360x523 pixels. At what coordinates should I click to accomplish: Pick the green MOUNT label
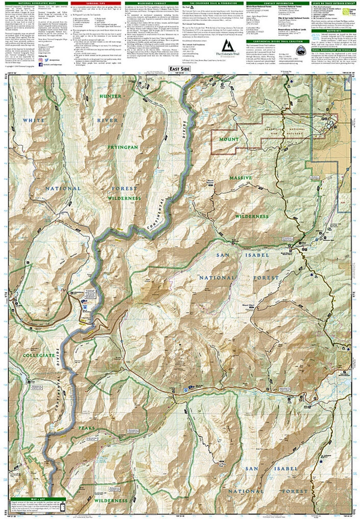[228, 139]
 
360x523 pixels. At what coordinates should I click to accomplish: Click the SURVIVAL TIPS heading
[95, 3]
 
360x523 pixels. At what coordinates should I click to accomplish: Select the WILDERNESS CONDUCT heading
[150, 3]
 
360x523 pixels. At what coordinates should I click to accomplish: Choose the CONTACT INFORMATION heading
[273, 3]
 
